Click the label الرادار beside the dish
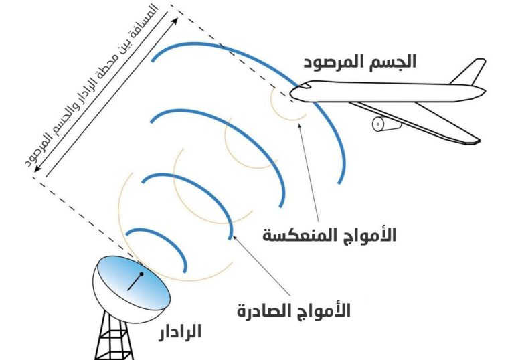(x=180, y=331)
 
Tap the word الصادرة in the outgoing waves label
(x=262, y=310)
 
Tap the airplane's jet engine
(x=386, y=124)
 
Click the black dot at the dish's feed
(x=141, y=274)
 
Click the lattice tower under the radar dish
(x=114, y=337)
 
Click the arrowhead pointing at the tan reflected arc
(x=299, y=126)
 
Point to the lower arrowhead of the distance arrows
(x=37, y=168)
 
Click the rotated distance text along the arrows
(x=92, y=86)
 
